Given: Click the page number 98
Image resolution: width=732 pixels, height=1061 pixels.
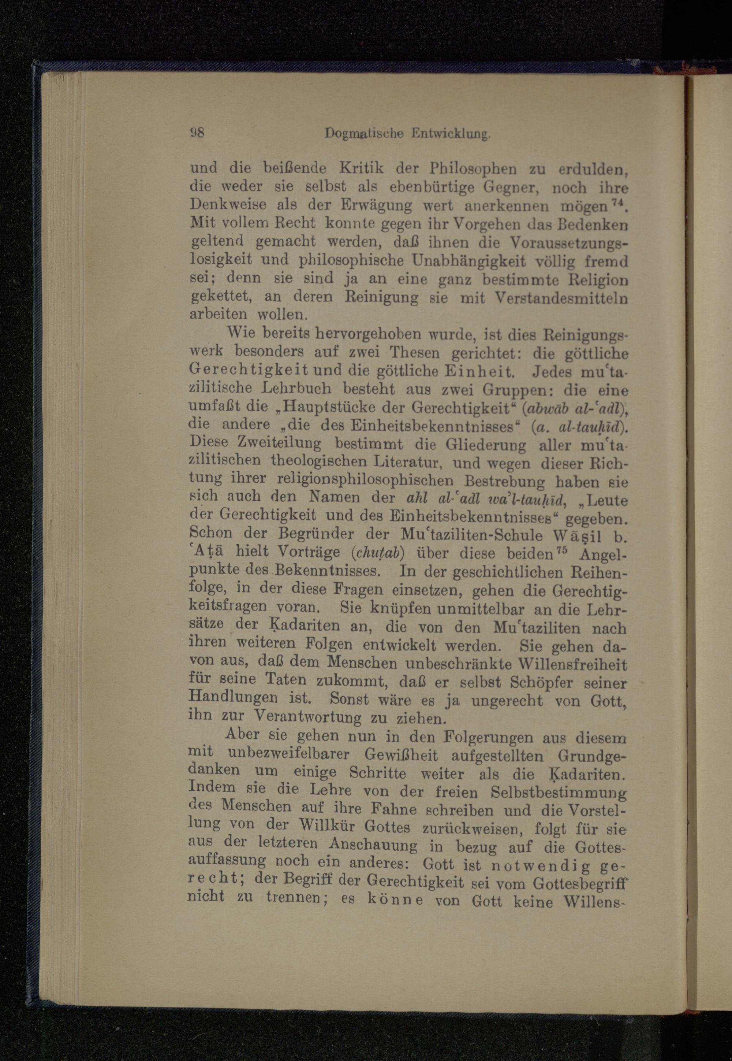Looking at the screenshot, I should point(197,133).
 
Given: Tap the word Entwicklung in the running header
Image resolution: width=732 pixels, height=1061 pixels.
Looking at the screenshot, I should point(451,134).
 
